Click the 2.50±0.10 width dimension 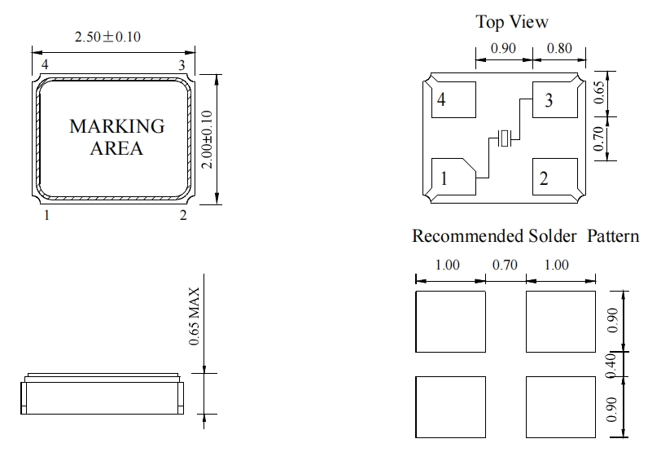pyautogui.click(x=107, y=37)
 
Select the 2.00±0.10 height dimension pyautogui.click(x=207, y=139)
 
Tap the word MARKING pyautogui.click(x=116, y=126)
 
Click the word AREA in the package pyautogui.click(x=116, y=148)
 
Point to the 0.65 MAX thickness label pyautogui.click(x=194, y=316)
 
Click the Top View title pyautogui.click(x=512, y=22)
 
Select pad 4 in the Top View pyautogui.click(x=453, y=99)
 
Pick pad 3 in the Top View pyautogui.click(x=555, y=99)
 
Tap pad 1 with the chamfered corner pyautogui.click(x=453, y=177)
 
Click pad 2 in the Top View pyautogui.click(x=555, y=177)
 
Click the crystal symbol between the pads pyautogui.click(x=504, y=138)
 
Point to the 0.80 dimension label pyautogui.click(x=559, y=49)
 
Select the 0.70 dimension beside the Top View pyautogui.click(x=598, y=138)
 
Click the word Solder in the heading pyautogui.click(x=553, y=236)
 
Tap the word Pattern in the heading pyautogui.click(x=613, y=236)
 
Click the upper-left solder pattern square pyautogui.click(x=451, y=322)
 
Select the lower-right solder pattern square pyautogui.click(x=561, y=407)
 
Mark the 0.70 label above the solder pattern pyautogui.click(x=505, y=265)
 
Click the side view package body pyautogui.click(x=102, y=394)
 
